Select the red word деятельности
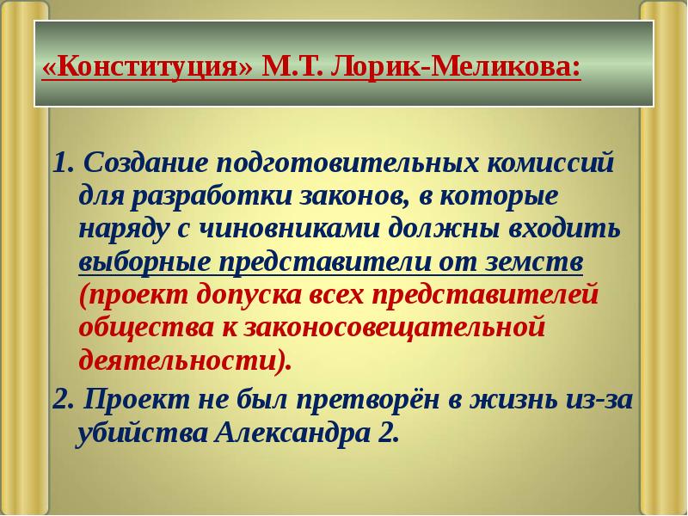[x=181, y=360]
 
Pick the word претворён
[x=368, y=399]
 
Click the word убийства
[x=137, y=432]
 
